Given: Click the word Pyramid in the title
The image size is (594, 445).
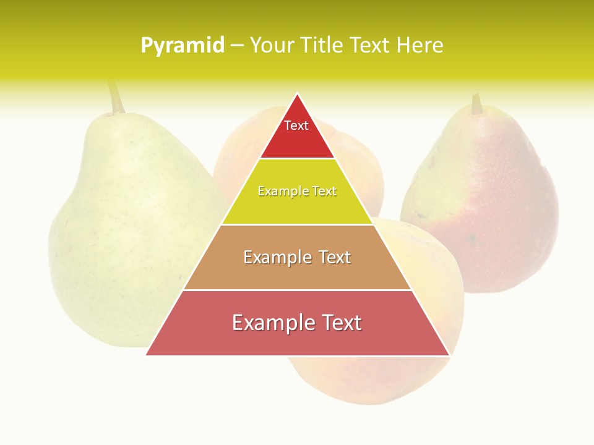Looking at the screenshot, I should [x=182, y=46].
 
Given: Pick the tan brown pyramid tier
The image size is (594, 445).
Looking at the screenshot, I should [x=297, y=272].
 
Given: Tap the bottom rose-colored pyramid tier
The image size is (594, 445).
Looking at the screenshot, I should [x=297, y=337].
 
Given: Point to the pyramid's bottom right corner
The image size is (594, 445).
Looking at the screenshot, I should [x=449, y=355].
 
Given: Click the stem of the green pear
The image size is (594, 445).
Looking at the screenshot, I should [x=115, y=98].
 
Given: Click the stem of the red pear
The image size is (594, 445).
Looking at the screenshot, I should [x=476, y=104].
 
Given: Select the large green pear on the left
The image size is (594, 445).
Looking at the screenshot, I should [x=124, y=235].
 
